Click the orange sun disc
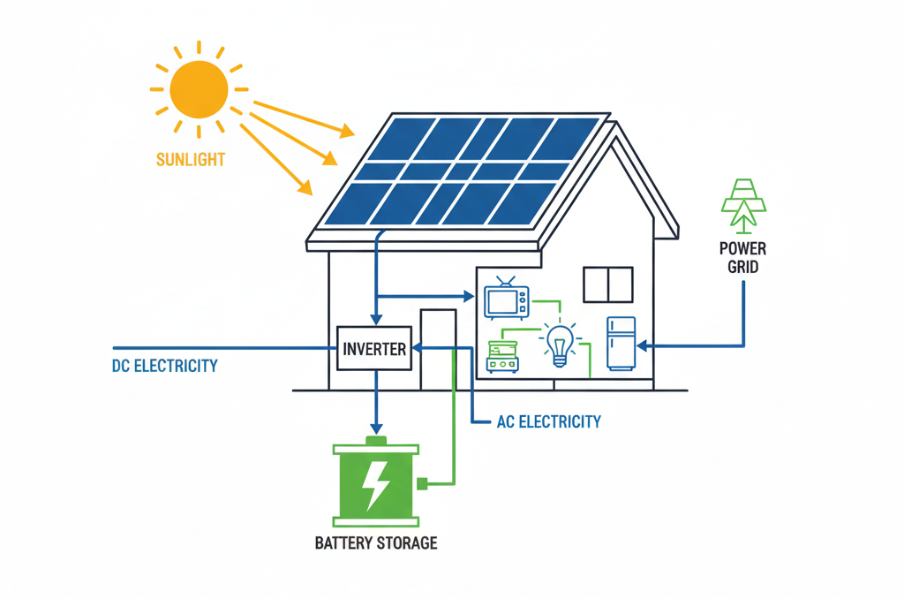199,89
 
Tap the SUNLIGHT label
190,160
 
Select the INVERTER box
374,349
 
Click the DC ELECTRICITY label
164,366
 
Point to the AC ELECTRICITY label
548,421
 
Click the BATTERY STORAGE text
376,542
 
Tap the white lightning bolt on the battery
376,484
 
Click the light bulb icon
558,345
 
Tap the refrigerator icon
621,343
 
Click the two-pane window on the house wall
607,285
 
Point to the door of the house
438,349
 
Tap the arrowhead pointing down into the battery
376,428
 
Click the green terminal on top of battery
376,439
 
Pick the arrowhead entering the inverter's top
376,320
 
